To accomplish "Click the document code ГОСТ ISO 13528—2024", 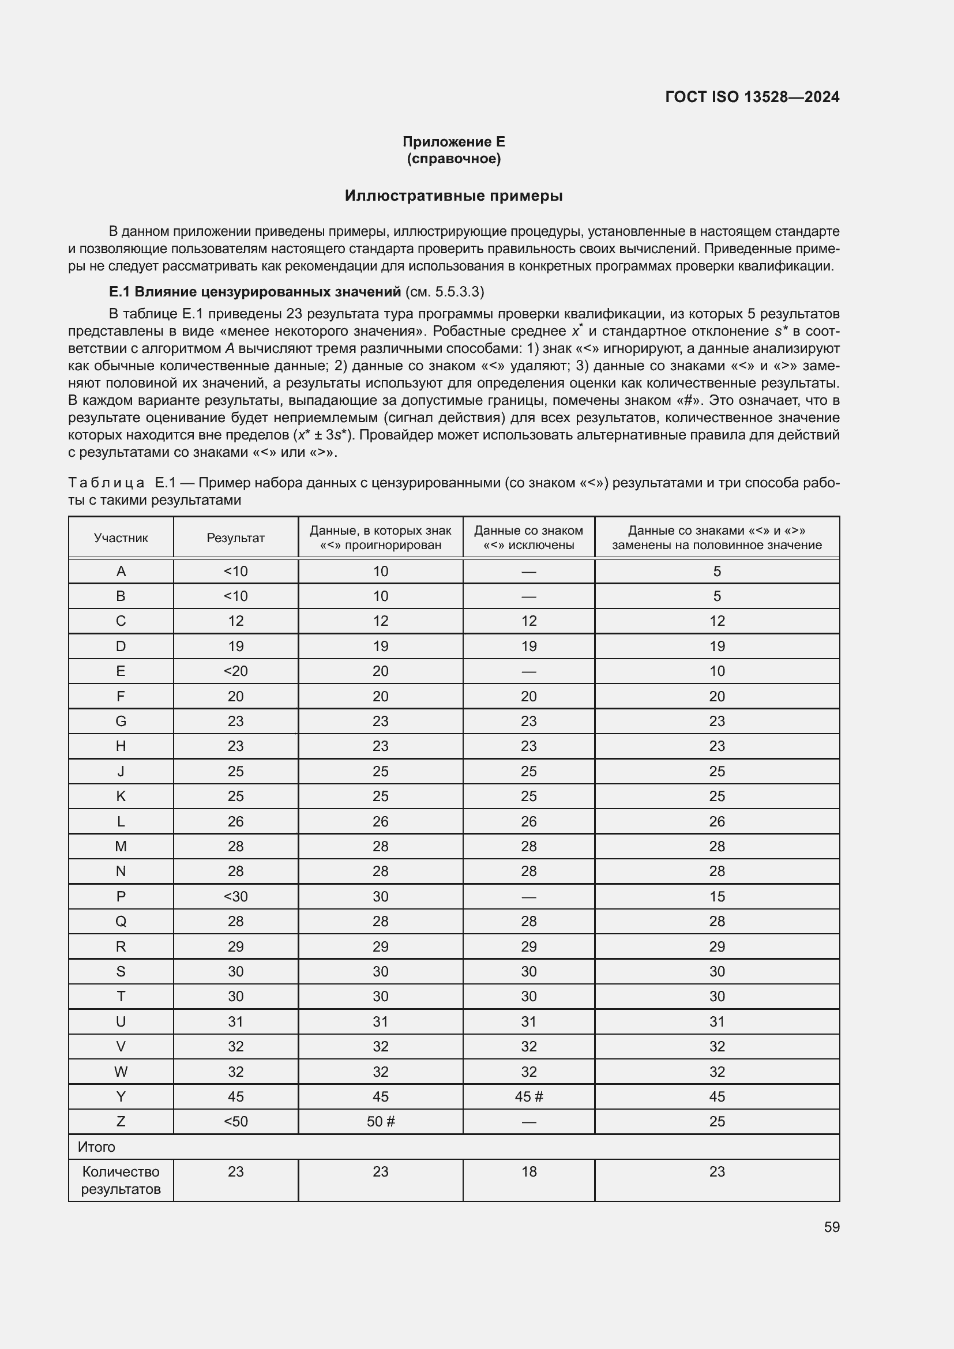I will (x=752, y=97).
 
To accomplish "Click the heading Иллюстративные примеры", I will (x=453, y=196).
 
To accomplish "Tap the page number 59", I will (x=831, y=1227).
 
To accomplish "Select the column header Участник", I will (x=121, y=538).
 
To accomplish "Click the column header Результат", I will (x=235, y=538).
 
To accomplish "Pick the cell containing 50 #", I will (x=381, y=1121).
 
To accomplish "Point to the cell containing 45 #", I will (x=529, y=1096).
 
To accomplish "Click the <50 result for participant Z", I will (x=235, y=1121).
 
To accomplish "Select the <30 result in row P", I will (x=235, y=897).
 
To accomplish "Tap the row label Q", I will (x=121, y=921).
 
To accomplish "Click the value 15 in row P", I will (x=717, y=897).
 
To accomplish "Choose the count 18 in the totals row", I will (x=529, y=1171).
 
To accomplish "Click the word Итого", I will (x=96, y=1147).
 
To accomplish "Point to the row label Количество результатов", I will (x=121, y=1181).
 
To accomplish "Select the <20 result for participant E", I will (x=235, y=671).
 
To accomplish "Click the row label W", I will (x=121, y=1072).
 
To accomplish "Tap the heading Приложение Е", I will (x=453, y=142).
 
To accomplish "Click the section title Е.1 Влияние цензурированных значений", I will (x=255, y=291).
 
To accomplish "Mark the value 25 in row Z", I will (x=717, y=1121).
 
